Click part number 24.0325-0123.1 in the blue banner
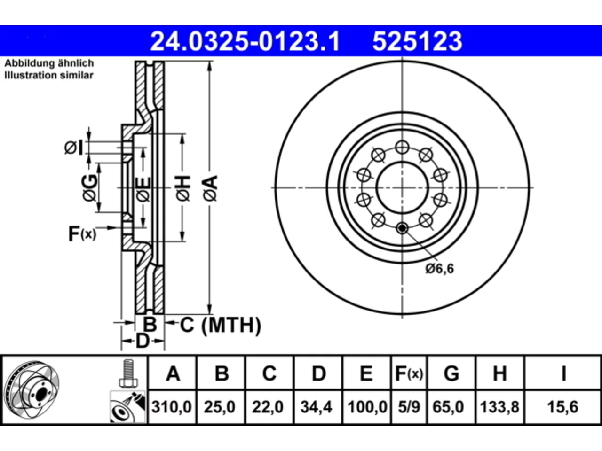[x=245, y=41]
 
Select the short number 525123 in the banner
[x=417, y=41]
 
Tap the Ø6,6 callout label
[x=440, y=269]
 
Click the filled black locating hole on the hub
[x=402, y=228]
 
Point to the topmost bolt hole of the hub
[x=402, y=148]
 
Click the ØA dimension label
[x=210, y=188]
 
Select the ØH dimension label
[x=183, y=188]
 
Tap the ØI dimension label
[x=73, y=148]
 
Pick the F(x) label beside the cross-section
[x=82, y=233]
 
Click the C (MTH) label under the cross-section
[x=220, y=325]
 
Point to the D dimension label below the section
[x=143, y=341]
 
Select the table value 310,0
[x=171, y=407]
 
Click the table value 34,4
[x=316, y=407]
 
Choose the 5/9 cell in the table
[x=409, y=407]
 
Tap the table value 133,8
[x=499, y=407]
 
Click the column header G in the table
[x=451, y=373]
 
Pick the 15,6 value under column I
[x=563, y=407]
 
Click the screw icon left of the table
[x=128, y=373]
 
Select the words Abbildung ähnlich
[x=49, y=63]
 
